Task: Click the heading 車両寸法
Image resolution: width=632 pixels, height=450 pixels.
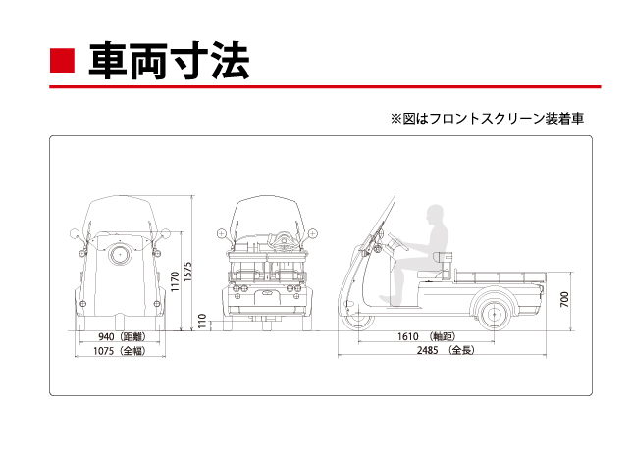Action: [169, 60]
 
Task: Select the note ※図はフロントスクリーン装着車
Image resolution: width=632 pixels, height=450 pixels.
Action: [487, 119]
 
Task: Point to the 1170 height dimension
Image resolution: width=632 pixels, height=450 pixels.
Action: [175, 283]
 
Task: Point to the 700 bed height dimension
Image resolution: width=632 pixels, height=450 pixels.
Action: [565, 299]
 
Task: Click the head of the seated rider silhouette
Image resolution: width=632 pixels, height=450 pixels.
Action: [434, 217]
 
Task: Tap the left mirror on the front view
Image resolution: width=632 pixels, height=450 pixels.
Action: [74, 233]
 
